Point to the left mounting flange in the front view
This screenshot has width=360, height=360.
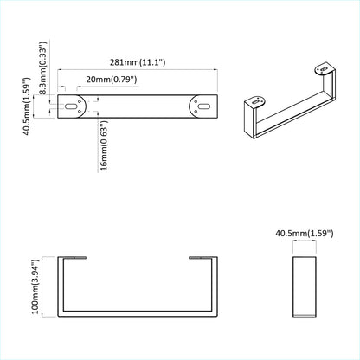click(x=74, y=257)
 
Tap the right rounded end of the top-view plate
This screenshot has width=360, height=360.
click(x=209, y=107)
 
